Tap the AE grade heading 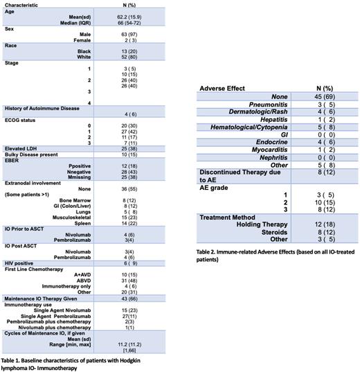213,188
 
